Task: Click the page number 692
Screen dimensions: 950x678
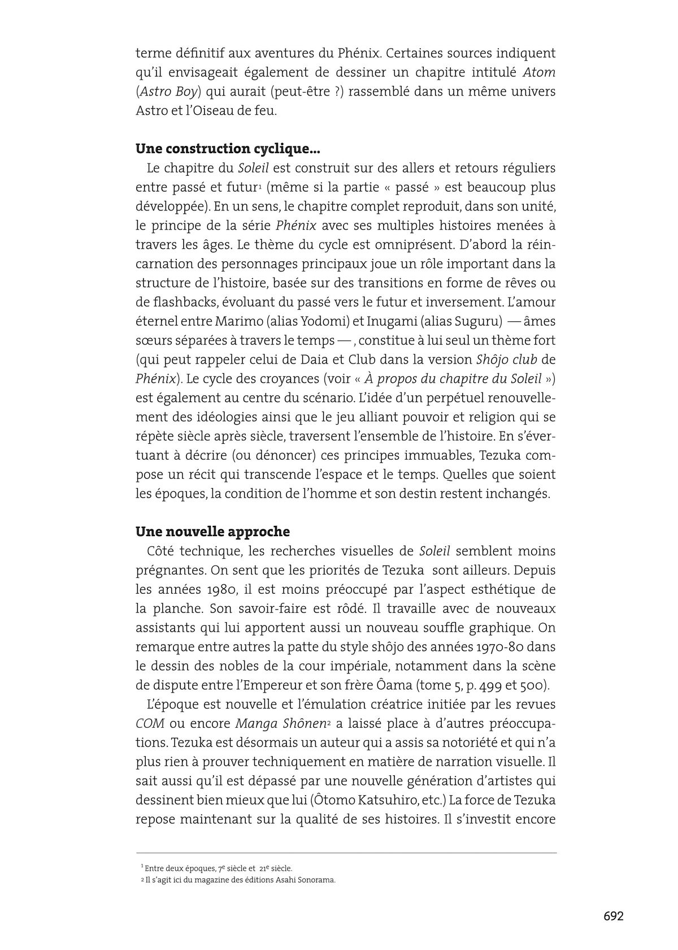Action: click(x=613, y=916)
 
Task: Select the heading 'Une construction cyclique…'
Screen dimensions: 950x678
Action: click(x=228, y=149)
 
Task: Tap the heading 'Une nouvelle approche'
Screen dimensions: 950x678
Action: click(x=212, y=532)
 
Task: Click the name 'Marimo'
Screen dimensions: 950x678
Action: click(x=236, y=321)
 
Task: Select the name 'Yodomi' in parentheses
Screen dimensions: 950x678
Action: click(x=323, y=321)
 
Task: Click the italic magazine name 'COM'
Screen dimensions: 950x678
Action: click(x=150, y=723)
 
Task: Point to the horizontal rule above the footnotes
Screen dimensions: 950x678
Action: click(x=346, y=853)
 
